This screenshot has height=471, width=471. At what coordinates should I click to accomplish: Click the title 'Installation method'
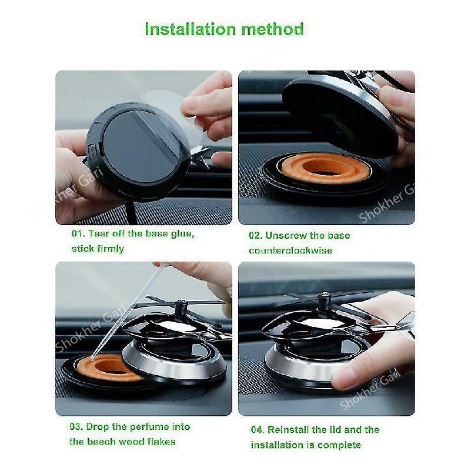(224, 29)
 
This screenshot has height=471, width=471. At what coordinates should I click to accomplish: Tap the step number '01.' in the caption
(78, 233)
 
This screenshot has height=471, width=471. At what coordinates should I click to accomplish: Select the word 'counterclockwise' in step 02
(290, 250)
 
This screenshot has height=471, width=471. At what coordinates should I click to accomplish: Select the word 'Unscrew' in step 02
(285, 235)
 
